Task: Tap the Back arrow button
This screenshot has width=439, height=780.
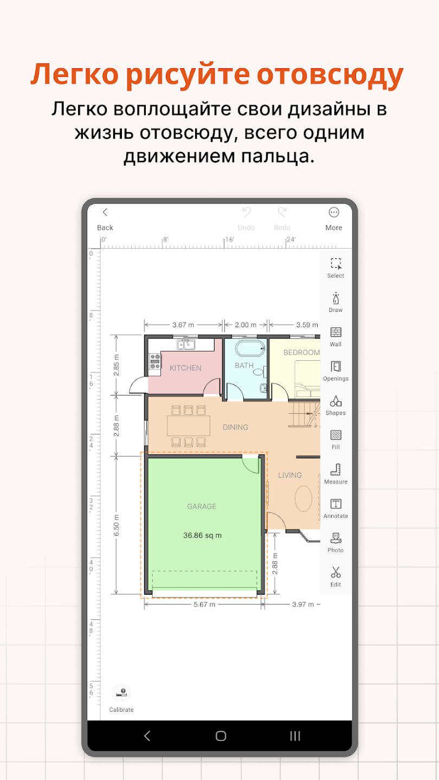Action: pyautogui.click(x=105, y=212)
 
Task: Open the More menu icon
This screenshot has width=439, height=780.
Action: pyautogui.click(x=334, y=212)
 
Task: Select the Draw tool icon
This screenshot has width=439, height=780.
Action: pyautogui.click(x=336, y=298)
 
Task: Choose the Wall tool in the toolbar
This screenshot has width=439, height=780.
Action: pyautogui.click(x=336, y=332)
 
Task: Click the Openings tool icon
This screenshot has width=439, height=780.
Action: pyautogui.click(x=336, y=366)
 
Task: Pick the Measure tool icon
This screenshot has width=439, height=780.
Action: pyautogui.click(x=336, y=470)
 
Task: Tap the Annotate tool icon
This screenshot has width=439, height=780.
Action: pyautogui.click(x=336, y=504)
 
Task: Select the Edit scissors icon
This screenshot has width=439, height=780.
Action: pyautogui.click(x=336, y=572)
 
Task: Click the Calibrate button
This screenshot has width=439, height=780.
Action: pyautogui.click(x=121, y=698)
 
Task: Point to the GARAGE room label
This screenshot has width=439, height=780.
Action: pyautogui.click(x=202, y=506)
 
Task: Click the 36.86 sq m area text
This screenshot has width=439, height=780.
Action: pyautogui.click(x=203, y=535)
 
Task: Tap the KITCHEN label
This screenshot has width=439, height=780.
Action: pyautogui.click(x=185, y=368)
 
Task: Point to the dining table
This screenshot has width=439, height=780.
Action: pyautogui.click(x=189, y=426)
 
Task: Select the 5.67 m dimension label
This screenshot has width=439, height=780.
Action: pyautogui.click(x=204, y=604)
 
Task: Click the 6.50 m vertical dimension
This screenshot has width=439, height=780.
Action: pyautogui.click(x=117, y=525)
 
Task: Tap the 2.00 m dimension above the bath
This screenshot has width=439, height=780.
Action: pyautogui.click(x=246, y=325)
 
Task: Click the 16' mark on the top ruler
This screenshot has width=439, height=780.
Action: pyautogui.click(x=229, y=239)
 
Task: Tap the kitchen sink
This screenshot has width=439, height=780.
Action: pyautogui.click(x=186, y=344)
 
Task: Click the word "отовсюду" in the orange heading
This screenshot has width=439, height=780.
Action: pyautogui.click(x=330, y=74)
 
